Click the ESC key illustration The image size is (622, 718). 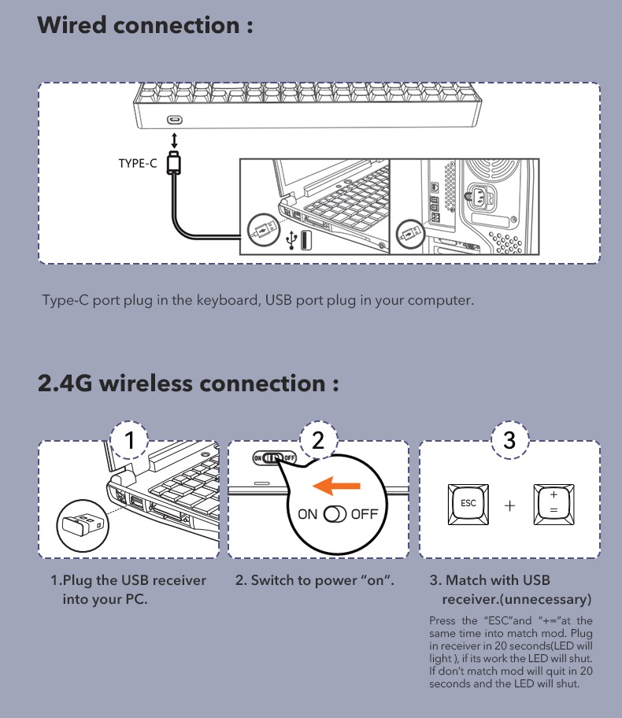468,504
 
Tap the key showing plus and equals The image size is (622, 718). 554,504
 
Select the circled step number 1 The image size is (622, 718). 130,440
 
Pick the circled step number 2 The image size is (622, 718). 318,440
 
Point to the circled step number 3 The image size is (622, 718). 509,440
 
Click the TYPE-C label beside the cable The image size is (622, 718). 138,164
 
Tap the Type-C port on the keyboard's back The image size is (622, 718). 175,120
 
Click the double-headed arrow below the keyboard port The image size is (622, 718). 174,141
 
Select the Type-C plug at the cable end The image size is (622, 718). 174,162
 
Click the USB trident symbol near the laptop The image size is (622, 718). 291,239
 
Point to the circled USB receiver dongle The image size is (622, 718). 83,526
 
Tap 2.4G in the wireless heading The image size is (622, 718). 65,383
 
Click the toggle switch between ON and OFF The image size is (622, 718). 335,514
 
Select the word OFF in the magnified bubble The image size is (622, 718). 365,514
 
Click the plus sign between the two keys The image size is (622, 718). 509,505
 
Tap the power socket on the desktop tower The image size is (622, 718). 479,198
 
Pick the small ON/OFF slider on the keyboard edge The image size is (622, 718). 275,457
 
